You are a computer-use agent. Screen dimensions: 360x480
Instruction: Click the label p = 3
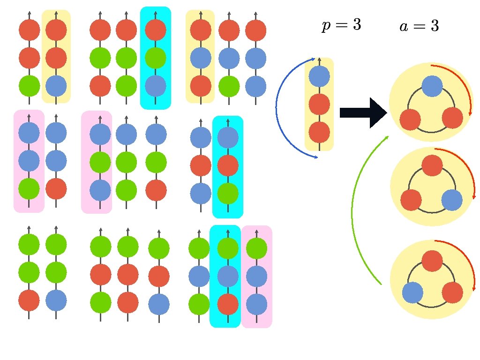point(341,25)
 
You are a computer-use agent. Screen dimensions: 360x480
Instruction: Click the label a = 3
point(419,26)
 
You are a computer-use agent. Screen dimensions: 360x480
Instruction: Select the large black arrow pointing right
point(362,112)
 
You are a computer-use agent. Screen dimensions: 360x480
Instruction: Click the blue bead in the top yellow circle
point(432,86)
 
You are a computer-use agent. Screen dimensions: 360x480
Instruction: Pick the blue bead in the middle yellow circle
point(452,200)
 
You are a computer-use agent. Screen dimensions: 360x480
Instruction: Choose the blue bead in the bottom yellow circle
point(412,293)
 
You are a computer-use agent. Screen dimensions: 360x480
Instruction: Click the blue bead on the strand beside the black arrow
point(319,76)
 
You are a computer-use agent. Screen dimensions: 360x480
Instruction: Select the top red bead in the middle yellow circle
point(432,166)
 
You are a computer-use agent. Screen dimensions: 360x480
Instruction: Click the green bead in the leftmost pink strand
point(29,188)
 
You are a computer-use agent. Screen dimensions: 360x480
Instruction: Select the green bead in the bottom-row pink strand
point(257,248)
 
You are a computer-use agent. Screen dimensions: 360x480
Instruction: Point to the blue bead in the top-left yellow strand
point(56,86)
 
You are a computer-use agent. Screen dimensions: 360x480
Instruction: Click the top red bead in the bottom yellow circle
point(432,261)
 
